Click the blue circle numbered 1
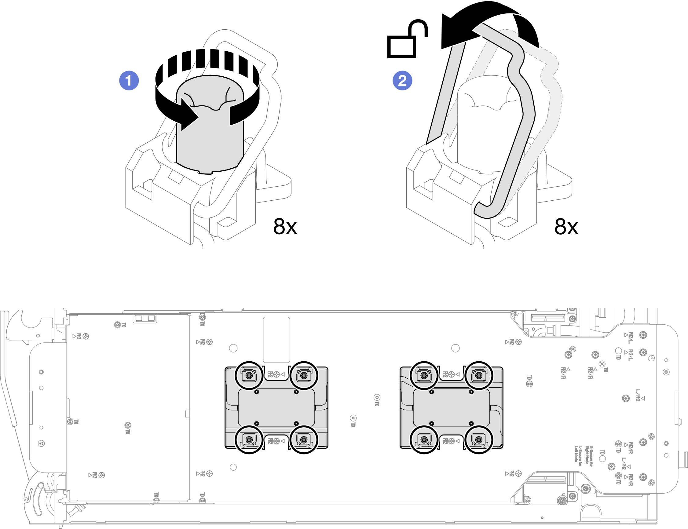pos(129,81)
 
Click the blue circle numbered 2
pos(402,81)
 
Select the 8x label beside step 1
pos(285,226)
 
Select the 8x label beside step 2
pos(566,226)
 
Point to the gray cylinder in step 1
pos(210,139)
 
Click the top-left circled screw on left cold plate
pos(249,375)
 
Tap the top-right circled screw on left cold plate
pos(304,375)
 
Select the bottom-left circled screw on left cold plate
pos(249,440)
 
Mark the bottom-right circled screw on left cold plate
pos(304,440)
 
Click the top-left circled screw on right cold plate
pos(424,375)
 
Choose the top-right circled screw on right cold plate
pos(479,375)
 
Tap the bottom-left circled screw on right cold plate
pos(424,440)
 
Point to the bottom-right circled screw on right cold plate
pos(479,440)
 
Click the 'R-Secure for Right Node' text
pos(589,455)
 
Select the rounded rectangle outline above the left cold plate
pos(276,340)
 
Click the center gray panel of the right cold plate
pos(451,407)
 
